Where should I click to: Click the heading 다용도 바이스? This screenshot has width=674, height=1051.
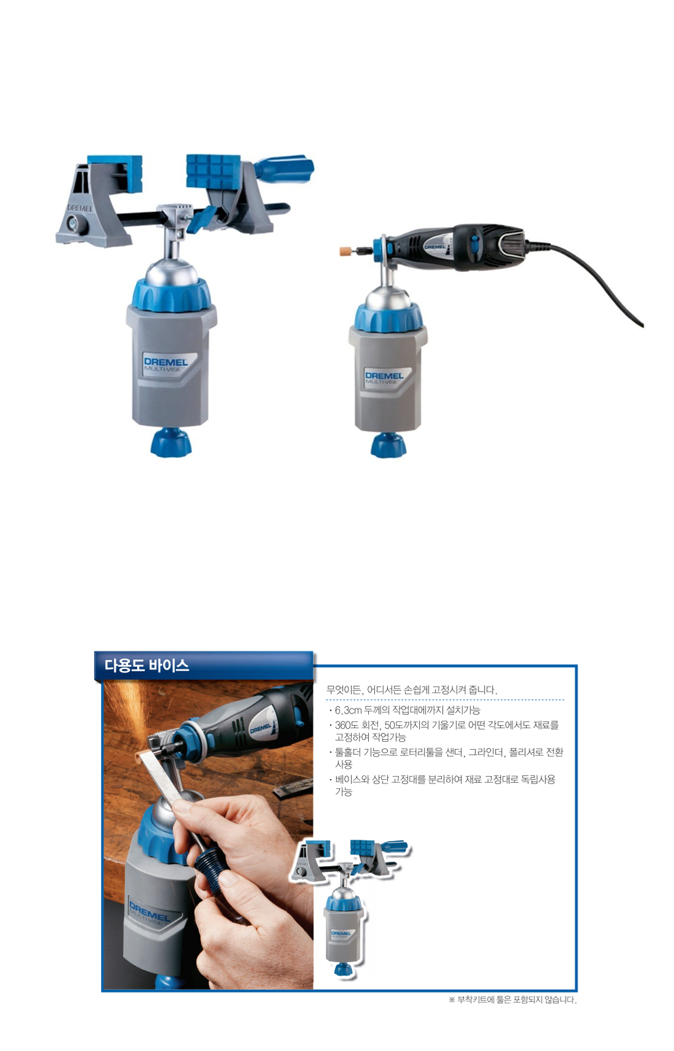click(146, 666)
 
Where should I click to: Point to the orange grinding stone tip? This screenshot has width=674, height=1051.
click(347, 251)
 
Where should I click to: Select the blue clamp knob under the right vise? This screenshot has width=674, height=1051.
click(388, 445)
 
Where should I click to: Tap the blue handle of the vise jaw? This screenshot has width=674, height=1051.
click(285, 168)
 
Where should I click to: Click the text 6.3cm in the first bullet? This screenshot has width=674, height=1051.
click(348, 710)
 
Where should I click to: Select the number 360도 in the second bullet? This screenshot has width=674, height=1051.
click(347, 725)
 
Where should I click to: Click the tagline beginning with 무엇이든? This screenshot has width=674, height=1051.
click(412, 690)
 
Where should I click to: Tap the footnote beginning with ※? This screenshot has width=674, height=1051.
click(513, 1000)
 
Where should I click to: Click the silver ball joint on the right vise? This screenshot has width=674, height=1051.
click(388, 298)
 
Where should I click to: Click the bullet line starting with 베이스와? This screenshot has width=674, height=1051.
click(445, 785)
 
